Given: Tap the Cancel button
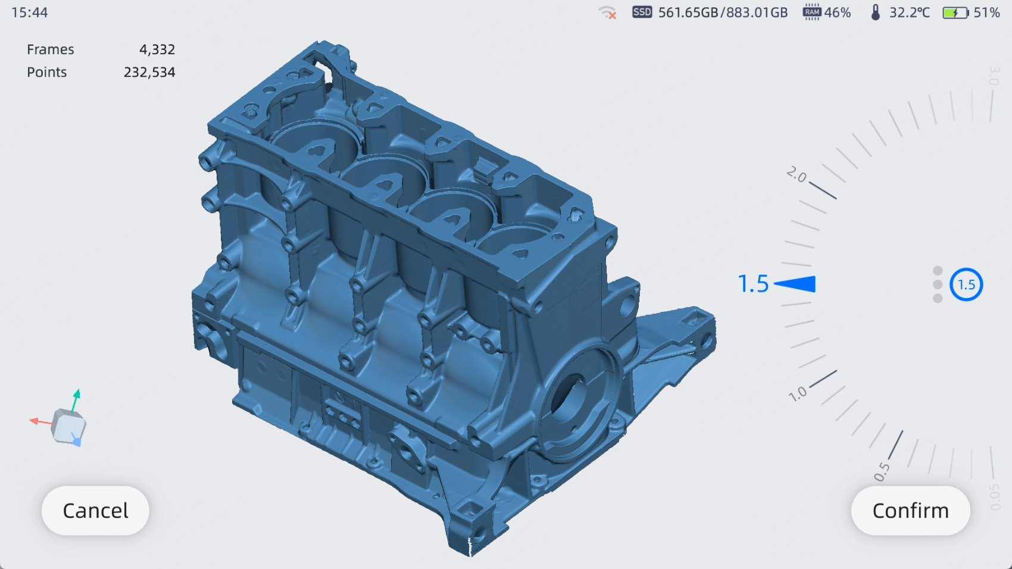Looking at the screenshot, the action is [x=95, y=511].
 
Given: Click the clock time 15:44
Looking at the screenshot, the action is [x=29, y=12].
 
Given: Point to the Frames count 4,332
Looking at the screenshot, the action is [x=157, y=49].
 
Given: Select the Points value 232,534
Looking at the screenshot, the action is [x=149, y=72].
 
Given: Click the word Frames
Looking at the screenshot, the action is [x=50, y=49].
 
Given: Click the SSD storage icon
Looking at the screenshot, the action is [x=642, y=12].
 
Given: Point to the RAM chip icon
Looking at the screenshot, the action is [x=812, y=12].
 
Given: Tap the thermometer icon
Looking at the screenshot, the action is [x=876, y=12].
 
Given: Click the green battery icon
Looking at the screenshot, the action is [x=955, y=12].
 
